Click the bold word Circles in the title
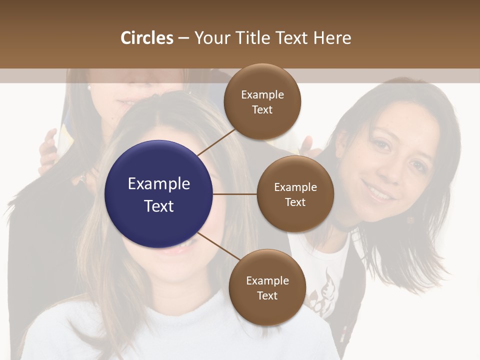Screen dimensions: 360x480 coord(146,38)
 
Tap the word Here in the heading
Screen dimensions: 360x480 coord(331,38)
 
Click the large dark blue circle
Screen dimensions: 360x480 coord(159,194)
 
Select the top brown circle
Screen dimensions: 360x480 coord(262,102)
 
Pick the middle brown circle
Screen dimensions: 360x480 coord(295,194)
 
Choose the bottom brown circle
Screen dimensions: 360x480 coord(267,287)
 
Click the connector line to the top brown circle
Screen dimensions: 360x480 coord(216,142)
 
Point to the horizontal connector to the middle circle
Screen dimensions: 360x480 coord(234,194)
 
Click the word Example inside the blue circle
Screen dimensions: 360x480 coord(159,183)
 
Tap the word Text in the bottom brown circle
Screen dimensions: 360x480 coord(267,295)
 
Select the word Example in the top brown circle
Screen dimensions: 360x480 coord(262,94)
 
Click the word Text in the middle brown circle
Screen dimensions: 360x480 coord(295,202)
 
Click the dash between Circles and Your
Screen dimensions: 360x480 coord(183,38)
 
